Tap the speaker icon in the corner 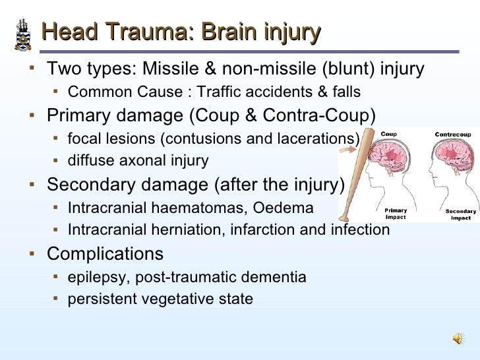(458, 338)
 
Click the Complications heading (105, 254)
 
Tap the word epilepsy (94, 277)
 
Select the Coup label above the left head (389, 135)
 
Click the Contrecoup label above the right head (452, 135)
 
